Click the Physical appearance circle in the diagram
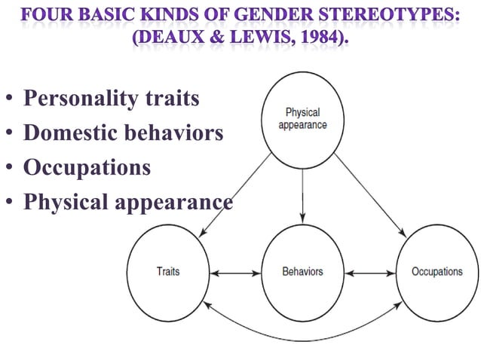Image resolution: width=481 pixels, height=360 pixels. click(x=302, y=119)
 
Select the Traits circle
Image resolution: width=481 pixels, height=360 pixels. click(x=168, y=271)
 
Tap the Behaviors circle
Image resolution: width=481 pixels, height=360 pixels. click(x=302, y=271)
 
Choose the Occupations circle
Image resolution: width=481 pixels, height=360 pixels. click(x=437, y=271)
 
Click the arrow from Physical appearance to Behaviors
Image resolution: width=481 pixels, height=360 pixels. click(x=302, y=195)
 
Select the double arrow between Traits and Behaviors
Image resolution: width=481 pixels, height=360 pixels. click(x=235, y=272)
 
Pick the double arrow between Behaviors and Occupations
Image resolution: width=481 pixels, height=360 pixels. click(x=369, y=272)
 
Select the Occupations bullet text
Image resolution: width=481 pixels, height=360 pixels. click(x=87, y=166)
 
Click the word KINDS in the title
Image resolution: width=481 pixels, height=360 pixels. click(x=180, y=14)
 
